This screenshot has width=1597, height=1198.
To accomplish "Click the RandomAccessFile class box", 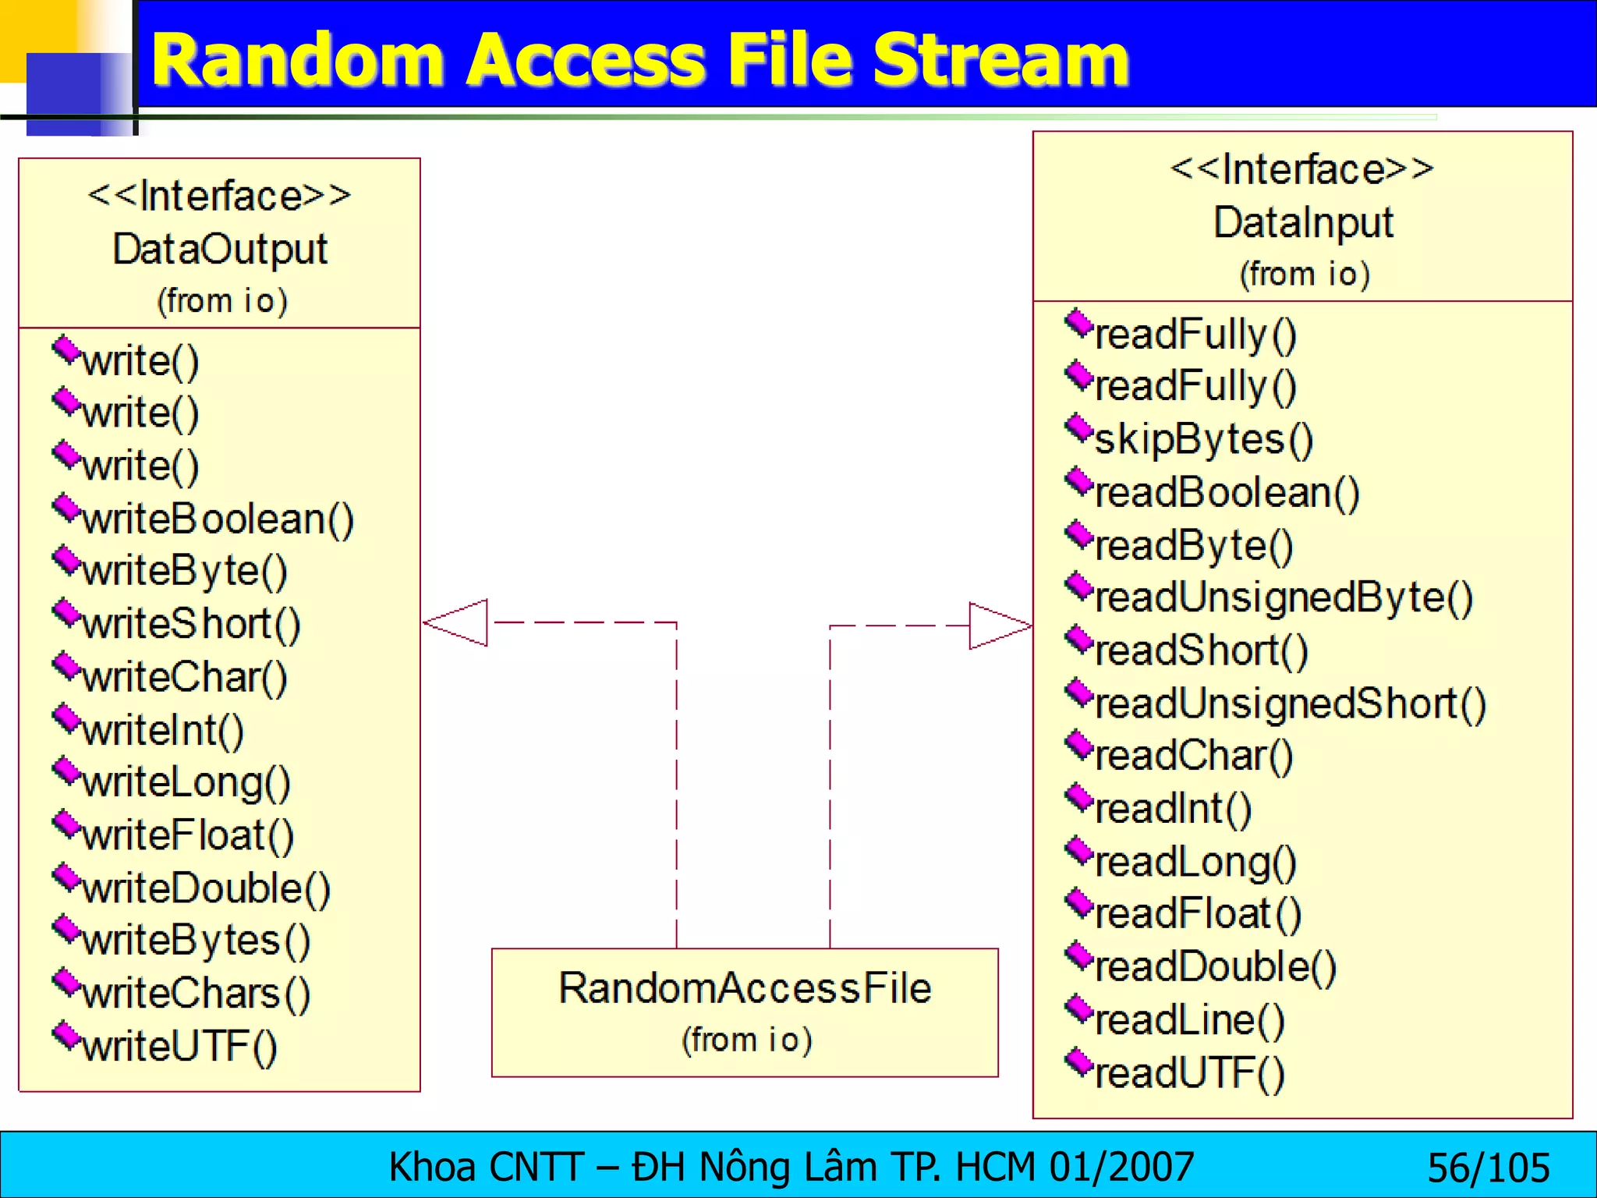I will tap(745, 1012).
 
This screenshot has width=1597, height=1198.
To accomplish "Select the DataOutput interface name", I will tap(220, 250).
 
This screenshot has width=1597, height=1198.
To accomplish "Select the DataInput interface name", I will tap(1303, 222).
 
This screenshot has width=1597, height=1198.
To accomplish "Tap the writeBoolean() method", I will tap(218, 519).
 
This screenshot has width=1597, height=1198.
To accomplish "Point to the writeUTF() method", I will tap(179, 1047).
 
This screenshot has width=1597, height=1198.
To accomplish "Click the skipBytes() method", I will tap(1203, 439).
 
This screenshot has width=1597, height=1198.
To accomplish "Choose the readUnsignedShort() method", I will tap(1290, 704).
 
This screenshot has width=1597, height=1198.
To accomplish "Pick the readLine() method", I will tap(1189, 1020).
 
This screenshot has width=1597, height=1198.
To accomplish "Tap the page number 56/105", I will tap(1488, 1168).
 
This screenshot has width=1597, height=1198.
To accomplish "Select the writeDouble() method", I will tap(206, 889).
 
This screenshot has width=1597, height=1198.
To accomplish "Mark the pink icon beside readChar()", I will tap(1080, 744).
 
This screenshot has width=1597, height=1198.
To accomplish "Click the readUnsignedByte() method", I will tap(1284, 598).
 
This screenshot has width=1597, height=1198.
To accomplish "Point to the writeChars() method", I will tap(196, 994).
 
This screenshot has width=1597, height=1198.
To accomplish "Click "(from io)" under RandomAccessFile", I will tap(746, 1040).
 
